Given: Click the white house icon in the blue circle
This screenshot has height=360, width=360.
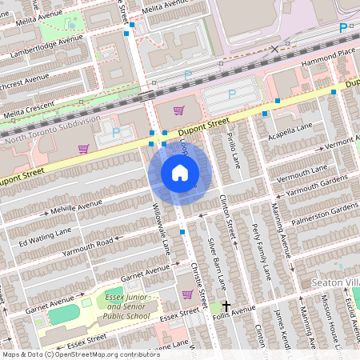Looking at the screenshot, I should coord(180,172).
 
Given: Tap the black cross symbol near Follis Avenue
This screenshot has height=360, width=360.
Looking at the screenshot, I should coord(226,306).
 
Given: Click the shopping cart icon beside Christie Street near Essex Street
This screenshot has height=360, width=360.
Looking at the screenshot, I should coord(187,294).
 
